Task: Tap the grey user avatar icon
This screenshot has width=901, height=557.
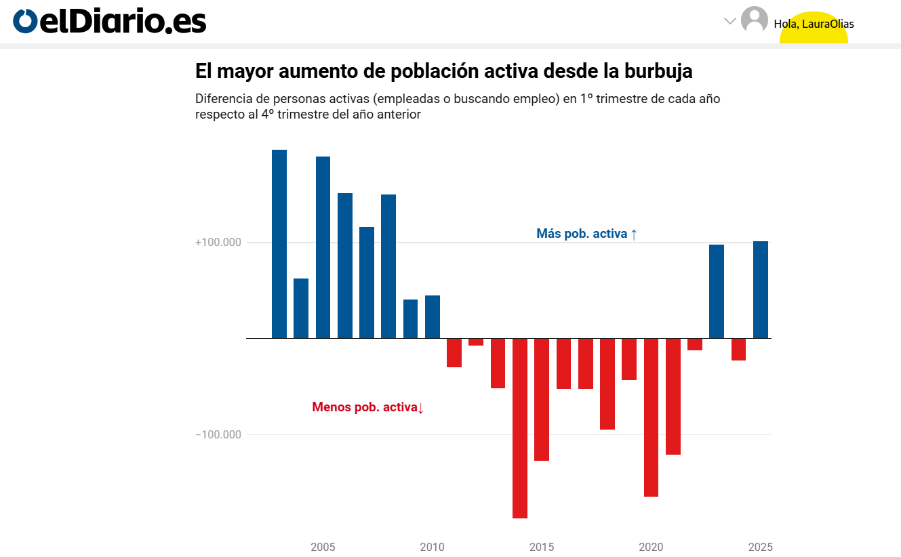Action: (x=754, y=20)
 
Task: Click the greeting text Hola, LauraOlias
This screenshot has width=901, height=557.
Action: (x=814, y=24)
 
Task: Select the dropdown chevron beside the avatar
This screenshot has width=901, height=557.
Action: (x=730, y=21)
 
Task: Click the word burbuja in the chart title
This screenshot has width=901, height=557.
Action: (x=658, y=71)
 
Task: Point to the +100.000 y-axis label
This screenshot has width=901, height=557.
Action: (x=218, y=243)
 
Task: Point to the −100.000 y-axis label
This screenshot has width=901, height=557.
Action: (x=218, y=434)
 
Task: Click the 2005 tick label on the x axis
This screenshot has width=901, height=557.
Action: (x=323, y=547)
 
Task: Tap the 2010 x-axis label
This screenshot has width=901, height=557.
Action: (x=432, y=547)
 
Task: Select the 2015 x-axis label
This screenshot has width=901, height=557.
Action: (x=541, y=547)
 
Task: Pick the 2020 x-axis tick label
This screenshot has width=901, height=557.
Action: (x=651, y=547)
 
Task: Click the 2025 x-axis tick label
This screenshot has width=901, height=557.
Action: (x=760, y=547)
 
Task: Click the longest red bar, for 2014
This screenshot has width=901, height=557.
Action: (x=520, y=428)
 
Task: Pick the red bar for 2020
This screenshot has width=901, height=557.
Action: (x=651, y=417)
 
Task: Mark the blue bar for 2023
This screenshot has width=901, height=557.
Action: (x=717, y=291)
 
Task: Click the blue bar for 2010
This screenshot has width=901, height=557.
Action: (x=433, y=316)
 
